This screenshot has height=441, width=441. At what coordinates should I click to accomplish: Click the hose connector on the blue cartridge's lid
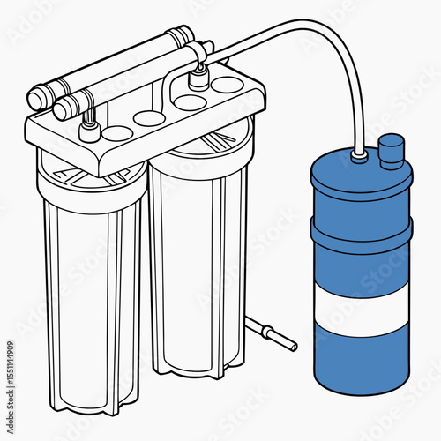tap(360, 156)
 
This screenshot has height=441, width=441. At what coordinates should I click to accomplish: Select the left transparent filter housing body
tap(88, 291)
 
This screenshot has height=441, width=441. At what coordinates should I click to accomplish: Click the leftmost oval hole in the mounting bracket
tap(117, 133)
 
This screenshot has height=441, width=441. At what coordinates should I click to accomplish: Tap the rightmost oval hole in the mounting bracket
tap(228, 85)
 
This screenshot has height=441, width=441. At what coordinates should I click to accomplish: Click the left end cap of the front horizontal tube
tap(64, 109)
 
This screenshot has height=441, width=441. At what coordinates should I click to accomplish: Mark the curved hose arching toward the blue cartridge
tap(291, 35)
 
